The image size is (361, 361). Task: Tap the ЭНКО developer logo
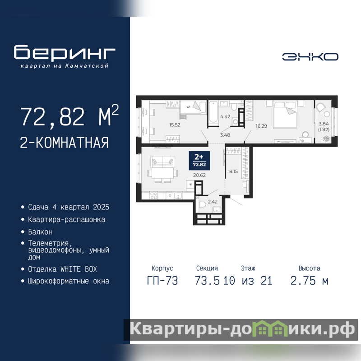coord(310,57)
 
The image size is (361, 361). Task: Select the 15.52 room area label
coord(175,125)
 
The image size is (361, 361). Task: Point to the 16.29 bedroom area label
coord(261,126)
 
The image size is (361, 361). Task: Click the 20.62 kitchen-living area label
coord(199,175)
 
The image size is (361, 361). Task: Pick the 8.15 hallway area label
coord(233,171)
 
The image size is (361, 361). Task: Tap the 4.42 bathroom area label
coord(225,116)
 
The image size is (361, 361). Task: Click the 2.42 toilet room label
coord(213,202)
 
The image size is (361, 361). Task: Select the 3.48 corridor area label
coord(225,135)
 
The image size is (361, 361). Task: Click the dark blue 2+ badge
coord(199,161)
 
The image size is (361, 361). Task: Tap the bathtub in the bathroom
coord(213,113)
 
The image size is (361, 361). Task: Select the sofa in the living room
coord(162,162)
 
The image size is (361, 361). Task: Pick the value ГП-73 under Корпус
coord(162,281)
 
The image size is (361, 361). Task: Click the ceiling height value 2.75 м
coord(309,281)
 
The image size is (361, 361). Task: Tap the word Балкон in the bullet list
coord(40,232)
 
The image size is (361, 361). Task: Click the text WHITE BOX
coord(79,269)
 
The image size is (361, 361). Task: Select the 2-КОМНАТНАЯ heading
coord(64,143)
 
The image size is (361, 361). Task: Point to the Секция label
coord(207,268)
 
